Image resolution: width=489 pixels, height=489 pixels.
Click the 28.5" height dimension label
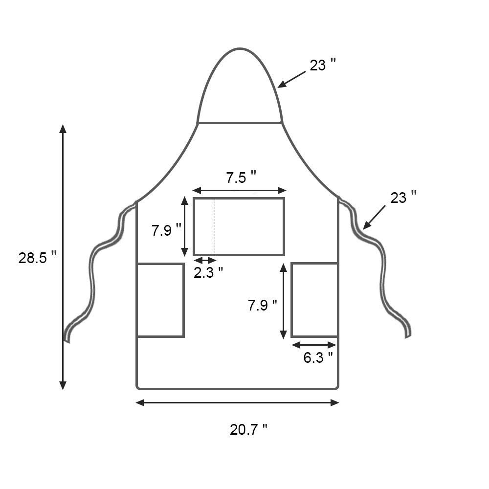tap(38, 258)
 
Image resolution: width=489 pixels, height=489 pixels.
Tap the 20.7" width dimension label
tap(248, 430)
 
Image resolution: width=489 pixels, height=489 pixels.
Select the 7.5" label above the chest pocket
tap(241, 178)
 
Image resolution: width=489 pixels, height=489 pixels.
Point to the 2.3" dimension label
tap(208, 272)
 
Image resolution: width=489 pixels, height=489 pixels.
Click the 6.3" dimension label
tap(318, 357)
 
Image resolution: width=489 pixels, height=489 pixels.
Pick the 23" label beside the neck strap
tap(323, 65)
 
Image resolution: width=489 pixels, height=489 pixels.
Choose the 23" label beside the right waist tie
tap(403, 198)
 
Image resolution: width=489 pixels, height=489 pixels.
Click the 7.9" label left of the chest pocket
tap(166, 230)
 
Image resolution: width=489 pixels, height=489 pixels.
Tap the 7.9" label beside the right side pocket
tap(262, 305)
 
